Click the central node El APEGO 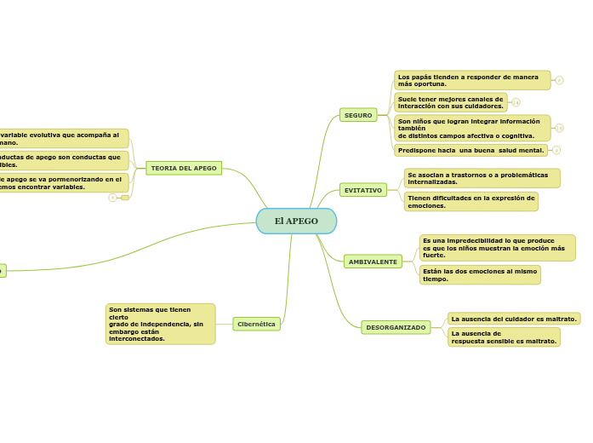[x=296, y=221]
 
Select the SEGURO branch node [x=358, y=115]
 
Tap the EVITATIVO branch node [x=363, y=190]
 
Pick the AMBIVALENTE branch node [x=373, y=262]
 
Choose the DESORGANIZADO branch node [x=396, y=327]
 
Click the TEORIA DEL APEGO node [x=184, y=168]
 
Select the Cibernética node [x=256, y=324]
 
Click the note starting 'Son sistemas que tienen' [x=160, y=324]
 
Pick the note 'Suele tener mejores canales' [x=451, y=102]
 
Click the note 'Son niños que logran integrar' [x=472, y=128]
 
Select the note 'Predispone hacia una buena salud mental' [x=470, y=151]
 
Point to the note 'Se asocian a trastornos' [x=482, y=178]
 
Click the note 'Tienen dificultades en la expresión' [x=470, y=201]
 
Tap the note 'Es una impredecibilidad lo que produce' [x=497, y=248]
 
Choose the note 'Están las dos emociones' [x=480, y=274]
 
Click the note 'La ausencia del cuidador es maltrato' [x=514, y=319]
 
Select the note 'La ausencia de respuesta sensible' [x=504, y=337]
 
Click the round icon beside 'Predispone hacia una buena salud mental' [x=556, y=151]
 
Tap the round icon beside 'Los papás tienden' [x=559, y=80]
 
